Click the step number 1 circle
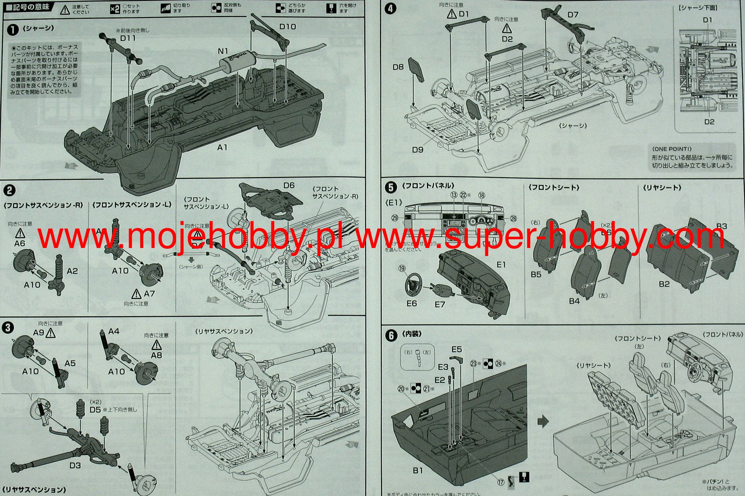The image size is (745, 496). (x=12, y=29)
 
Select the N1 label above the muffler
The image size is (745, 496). (x=223, y=51)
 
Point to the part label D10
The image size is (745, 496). (x=287, y=27)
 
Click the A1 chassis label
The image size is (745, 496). (x=222, y=147)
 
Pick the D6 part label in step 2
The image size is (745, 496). (x=289, y=185)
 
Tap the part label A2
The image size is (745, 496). (x=72, y=271)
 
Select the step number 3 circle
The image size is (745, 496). (x=8, y=328)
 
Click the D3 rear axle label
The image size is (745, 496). (x=75, y=465)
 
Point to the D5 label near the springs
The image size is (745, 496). (x=95, y=410)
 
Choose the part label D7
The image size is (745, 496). (x=573, y=15)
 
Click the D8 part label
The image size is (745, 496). (x=398, y=67)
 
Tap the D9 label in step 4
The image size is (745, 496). (x=418, y=149)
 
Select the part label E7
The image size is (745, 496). (x=440, y=304)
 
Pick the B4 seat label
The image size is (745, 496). (x=574, y=301)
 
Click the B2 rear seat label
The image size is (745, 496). (x=664, y=284)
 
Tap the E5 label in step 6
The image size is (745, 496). (x=457, y=349)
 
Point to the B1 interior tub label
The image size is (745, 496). (x=418, y=471)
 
